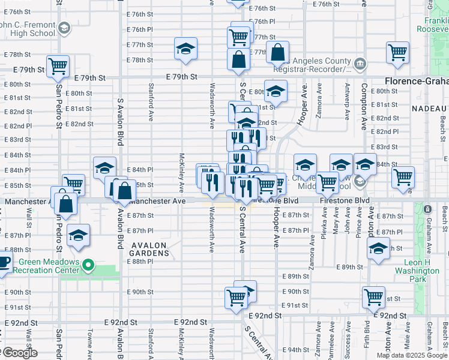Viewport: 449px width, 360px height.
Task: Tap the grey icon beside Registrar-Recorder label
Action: (x=360, y=63)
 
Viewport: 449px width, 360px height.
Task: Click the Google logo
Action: (x=19, y=353)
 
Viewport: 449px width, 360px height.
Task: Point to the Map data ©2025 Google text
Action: (x=412, y=355)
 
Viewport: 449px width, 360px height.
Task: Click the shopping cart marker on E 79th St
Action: (x=58, y=67)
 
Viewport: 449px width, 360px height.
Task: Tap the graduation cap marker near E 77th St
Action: (x=186, y=49)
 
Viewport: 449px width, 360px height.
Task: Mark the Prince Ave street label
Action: (x=359, y=223)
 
